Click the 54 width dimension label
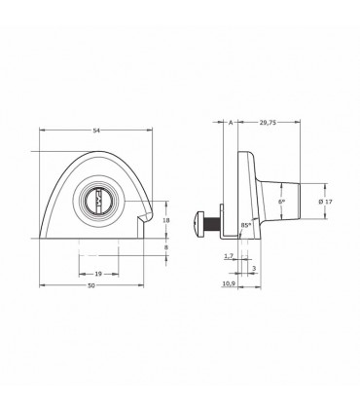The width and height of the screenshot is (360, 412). pyautogui.click(x=96, y=131)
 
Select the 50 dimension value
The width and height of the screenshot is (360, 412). pyautogui.click(x=91, y=285)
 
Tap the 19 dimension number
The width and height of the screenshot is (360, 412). pyautogui.click(x=98, y=274)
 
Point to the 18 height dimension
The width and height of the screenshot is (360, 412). pyautogui.click(x=166, y=220)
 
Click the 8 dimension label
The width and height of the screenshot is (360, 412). pyautogui.click(x=166, y=247)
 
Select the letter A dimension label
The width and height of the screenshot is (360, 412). pyautogui.click(x=231, y=123)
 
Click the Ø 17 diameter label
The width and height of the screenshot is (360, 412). pyautogui.click(x=325, y=202)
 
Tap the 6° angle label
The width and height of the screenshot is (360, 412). pyautogui.click(x=281, y=202)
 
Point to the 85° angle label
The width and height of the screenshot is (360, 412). pyautogui.click(x=245, y=225)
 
